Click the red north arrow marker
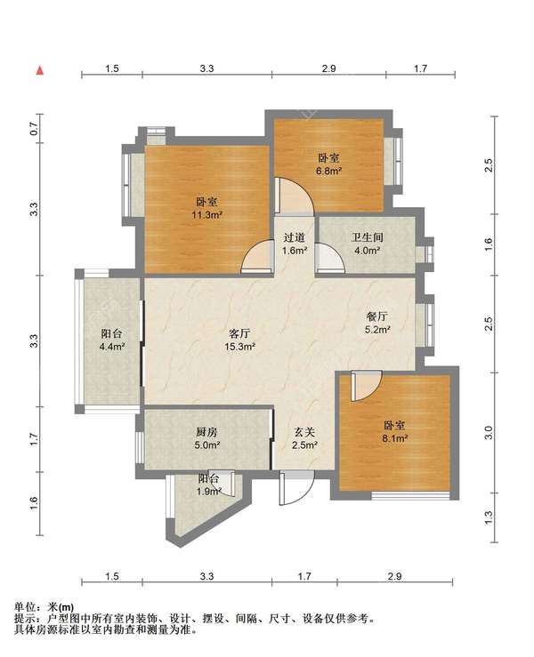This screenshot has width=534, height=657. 40,70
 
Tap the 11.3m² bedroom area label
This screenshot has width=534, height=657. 206,215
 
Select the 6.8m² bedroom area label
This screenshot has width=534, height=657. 329,171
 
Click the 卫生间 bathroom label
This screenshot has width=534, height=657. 367,237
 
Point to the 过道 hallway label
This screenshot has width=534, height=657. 294,237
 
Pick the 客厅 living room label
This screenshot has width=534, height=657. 240,333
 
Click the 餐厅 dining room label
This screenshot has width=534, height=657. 377,316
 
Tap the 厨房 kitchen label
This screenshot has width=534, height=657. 206,432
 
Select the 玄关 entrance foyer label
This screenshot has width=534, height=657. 304,432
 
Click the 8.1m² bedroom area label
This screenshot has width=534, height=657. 395,438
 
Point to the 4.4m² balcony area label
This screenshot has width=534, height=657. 112,347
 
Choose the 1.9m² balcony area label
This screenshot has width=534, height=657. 209,491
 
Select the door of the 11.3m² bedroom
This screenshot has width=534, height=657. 257,258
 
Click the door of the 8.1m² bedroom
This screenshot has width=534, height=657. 366,387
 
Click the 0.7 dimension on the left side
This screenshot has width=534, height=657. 35,129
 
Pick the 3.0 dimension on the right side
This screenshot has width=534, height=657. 488,432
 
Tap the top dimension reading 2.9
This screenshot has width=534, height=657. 329,68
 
